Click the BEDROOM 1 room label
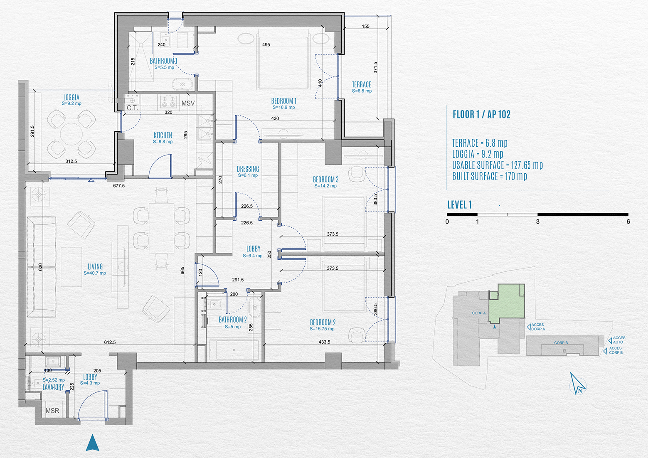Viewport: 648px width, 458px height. click(284, 101)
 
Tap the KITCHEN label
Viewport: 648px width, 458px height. click(163, 135)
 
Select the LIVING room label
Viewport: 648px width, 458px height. click(95, 266)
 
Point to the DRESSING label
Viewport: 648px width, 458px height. click(248, 169)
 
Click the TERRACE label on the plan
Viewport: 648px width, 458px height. click(362, 84)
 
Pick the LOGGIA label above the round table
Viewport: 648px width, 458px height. click(71, 98)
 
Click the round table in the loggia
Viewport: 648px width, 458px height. click(71, 135)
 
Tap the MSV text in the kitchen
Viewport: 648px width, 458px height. click(188, 103)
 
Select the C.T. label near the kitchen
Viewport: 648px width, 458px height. click(132, 108)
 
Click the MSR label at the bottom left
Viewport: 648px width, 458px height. click(52, 411)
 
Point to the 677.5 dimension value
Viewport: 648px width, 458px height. click(119, 186)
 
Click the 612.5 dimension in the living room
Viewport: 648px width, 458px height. click(110, 342)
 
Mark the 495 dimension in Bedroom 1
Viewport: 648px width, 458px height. click(266, 44)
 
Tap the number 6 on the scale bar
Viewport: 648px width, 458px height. click(628, 222)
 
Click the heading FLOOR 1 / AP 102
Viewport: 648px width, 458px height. click(482, 115)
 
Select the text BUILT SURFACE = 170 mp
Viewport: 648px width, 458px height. click(490, 176)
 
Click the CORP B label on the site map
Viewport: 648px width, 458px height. click(561, 343)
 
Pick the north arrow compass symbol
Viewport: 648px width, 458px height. click(578, 384)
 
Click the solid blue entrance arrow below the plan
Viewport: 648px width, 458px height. click(93, 442)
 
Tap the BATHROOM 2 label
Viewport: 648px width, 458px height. click(233, 320)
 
